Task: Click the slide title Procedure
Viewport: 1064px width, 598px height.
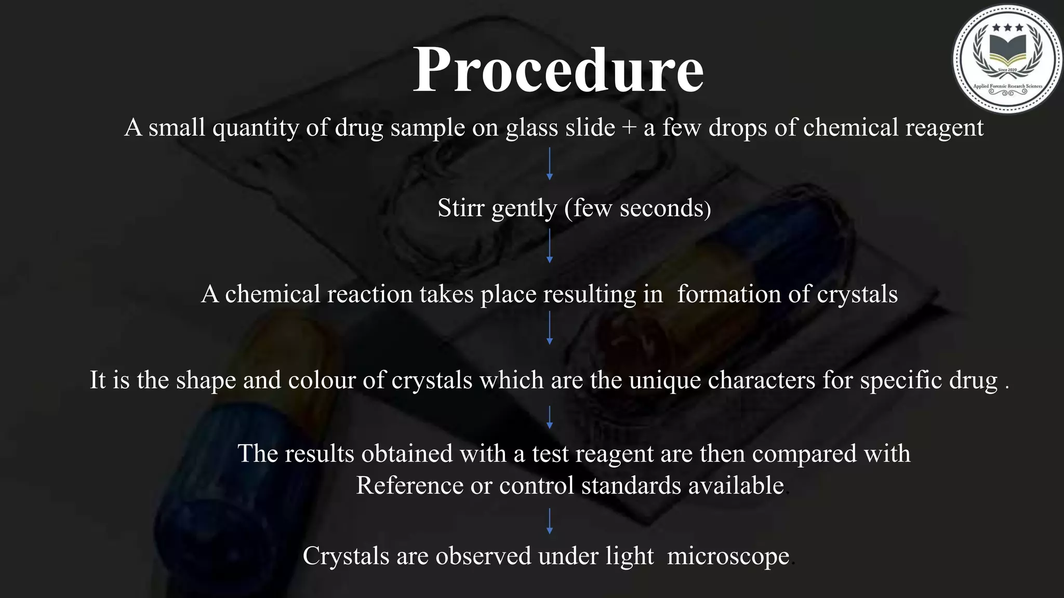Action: pos(558,70)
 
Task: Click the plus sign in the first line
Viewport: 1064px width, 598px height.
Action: pos(629,128)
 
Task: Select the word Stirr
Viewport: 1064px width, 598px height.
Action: pos(461,208)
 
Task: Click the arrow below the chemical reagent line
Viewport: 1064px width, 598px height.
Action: pos(550,164)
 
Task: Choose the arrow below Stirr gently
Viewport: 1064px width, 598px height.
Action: pos(550,246)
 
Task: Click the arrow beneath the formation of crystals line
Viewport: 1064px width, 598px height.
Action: pos(550,328)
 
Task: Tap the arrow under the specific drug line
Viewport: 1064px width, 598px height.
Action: pos(550,417)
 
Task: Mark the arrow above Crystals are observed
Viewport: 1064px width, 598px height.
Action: pos(550,521)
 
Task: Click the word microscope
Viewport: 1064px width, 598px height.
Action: pos(728,556)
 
